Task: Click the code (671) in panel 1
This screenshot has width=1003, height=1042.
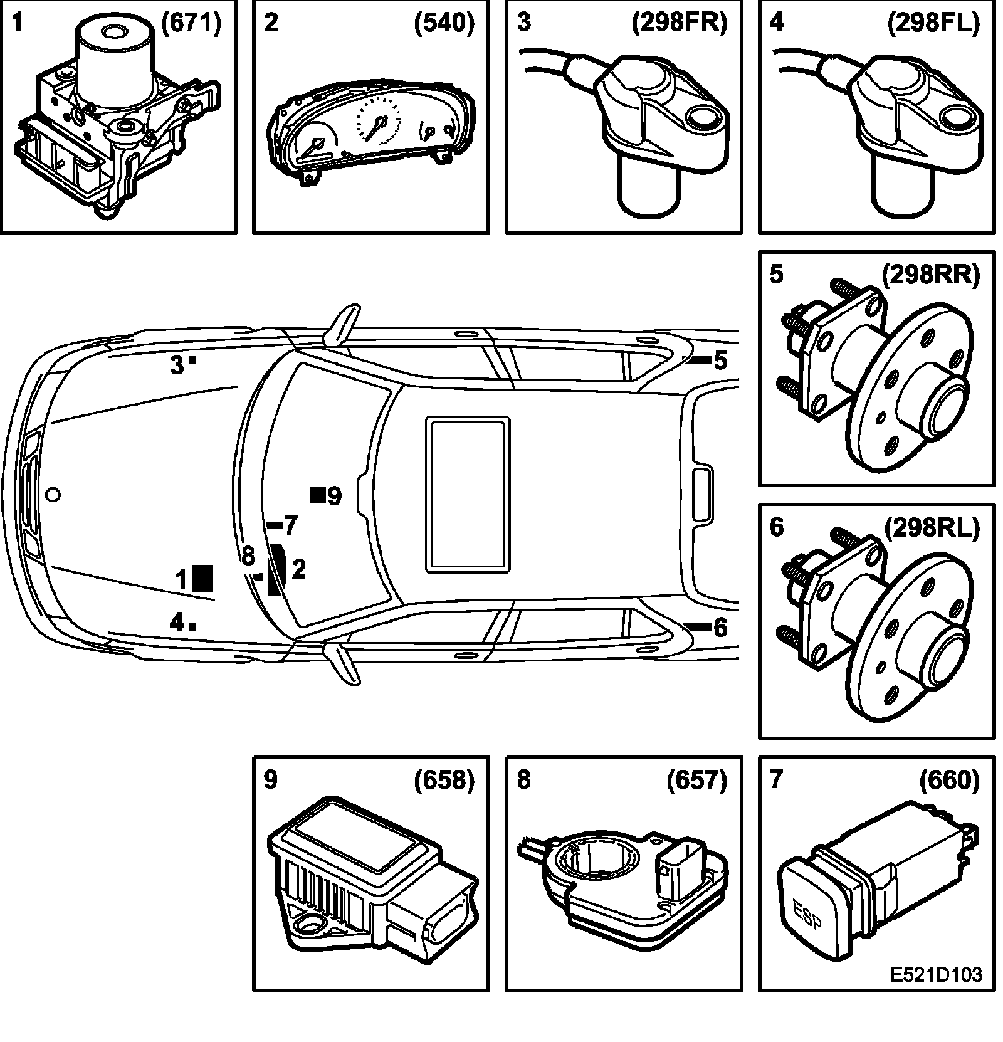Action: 191,23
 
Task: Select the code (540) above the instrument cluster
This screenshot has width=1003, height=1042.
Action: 444,23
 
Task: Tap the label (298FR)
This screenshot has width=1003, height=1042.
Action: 680,23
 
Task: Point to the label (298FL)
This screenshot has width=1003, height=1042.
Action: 933,23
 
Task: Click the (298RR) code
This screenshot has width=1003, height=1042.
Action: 930,276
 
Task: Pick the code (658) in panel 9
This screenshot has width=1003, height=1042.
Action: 444,780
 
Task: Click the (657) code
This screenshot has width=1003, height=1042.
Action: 696,780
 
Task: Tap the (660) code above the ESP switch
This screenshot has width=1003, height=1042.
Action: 949,780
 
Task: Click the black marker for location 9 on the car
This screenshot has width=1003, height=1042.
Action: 318,495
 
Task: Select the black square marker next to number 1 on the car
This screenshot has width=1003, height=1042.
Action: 202,578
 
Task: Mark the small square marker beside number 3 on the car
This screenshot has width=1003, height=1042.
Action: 193,360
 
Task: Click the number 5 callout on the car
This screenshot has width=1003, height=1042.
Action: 720,360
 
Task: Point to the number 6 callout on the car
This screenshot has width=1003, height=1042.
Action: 720,628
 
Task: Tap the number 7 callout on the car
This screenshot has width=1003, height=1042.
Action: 290,526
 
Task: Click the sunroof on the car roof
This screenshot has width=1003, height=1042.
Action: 467,495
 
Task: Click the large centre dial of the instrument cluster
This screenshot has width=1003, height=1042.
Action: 378,122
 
